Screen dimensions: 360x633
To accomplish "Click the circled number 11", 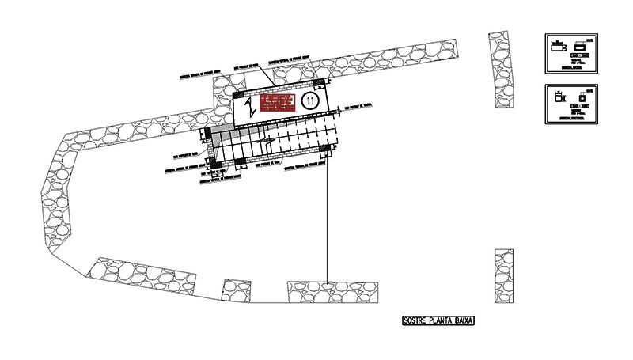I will pos(309,100).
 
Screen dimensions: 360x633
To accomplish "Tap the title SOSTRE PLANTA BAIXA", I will pos(439,321).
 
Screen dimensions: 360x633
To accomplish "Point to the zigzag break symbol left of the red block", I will pos(249,105).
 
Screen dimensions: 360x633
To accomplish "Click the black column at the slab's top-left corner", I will pos(239,96).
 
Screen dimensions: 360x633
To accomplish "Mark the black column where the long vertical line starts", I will pos(326,149).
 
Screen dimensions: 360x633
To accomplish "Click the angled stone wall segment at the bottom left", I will pos(142,277).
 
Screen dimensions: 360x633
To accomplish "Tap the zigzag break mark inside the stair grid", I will pos(270,142).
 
